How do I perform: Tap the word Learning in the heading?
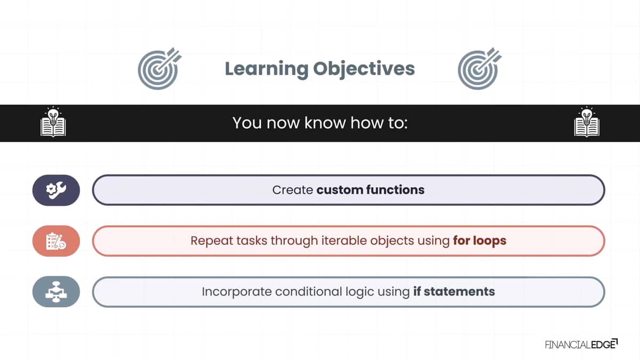[267, 69]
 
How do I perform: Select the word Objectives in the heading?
[364, 69]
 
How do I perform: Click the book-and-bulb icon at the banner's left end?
[53, 122]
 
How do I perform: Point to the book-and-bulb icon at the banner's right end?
[587, 122]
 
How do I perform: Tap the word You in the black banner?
[247, 123]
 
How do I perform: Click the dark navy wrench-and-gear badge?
[56, 190]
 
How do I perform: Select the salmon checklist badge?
[56, 241]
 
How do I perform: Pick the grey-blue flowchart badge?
[56, 292]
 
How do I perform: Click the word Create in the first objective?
[293, 190]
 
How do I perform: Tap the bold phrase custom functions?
[371, 190]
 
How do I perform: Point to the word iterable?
[344, 241]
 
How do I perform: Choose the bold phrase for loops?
[479, 241]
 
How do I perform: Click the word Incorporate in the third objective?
[237, 292]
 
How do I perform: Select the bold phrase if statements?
[454, 291]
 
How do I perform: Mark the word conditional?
[309, 291]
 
